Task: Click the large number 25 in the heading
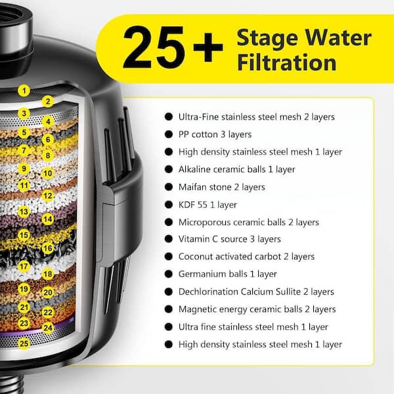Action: [154, 47]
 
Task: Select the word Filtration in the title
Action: [287, 62]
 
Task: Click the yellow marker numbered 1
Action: [24, 91]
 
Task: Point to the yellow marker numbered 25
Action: [24, 343]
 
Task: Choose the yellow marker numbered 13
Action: [24, 211]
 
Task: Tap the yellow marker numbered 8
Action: [48, 156]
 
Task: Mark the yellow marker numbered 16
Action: [48, 248]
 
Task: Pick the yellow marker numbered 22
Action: [48, 313]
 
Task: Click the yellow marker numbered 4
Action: [48, 122]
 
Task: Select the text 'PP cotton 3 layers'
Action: [215, 135]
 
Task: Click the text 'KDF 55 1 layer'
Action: [208, 205]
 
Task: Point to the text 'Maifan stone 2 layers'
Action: [222, 187]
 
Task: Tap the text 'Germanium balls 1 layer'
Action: [228, 274]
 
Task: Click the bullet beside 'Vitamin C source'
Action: [169, 239]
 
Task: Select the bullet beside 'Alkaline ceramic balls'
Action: [169, 169]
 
